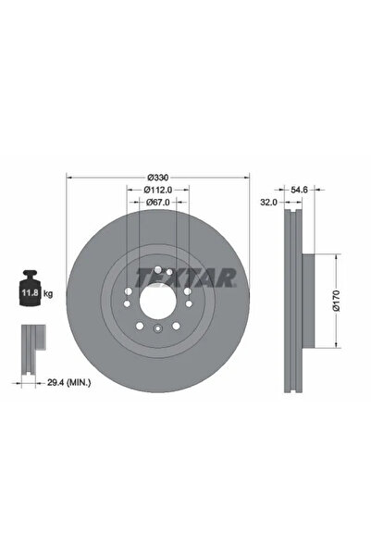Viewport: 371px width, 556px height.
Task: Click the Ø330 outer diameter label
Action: coord(158,177)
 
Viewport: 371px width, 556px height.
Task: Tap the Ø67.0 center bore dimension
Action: coord(158,203)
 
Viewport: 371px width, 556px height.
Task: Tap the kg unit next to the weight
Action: coord(47,292)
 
